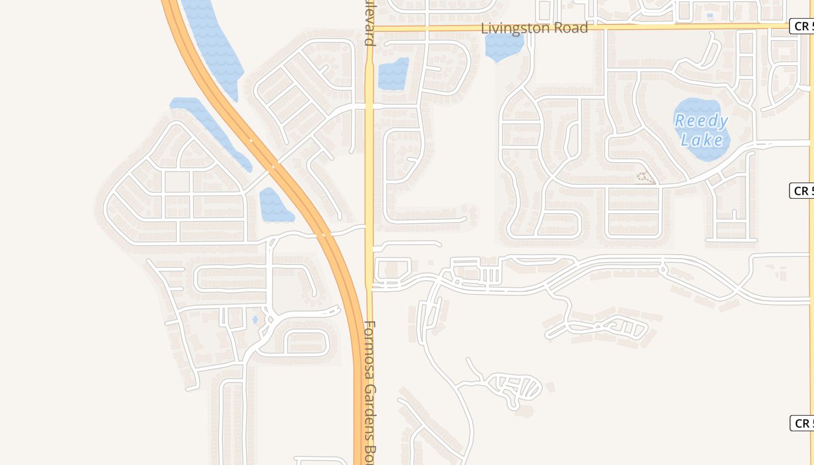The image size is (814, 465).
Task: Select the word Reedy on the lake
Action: click(x=701, y=121)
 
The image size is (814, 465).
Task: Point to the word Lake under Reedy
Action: click(x=702, y=139)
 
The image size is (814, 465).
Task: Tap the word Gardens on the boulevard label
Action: click(x=370, y=407)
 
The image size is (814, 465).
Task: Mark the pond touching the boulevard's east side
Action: click(x=393, y=74)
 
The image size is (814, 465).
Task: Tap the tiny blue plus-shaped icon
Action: click(x=255, y=319)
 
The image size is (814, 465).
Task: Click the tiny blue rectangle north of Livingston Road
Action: click(x=709, y=15)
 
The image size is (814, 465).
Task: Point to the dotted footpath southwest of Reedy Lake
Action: click(x=644, y=177)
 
